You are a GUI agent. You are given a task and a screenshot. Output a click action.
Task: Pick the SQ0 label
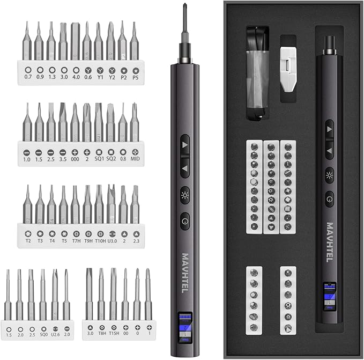coord(43,335)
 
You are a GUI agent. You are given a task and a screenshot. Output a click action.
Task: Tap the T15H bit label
coord(113,333)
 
